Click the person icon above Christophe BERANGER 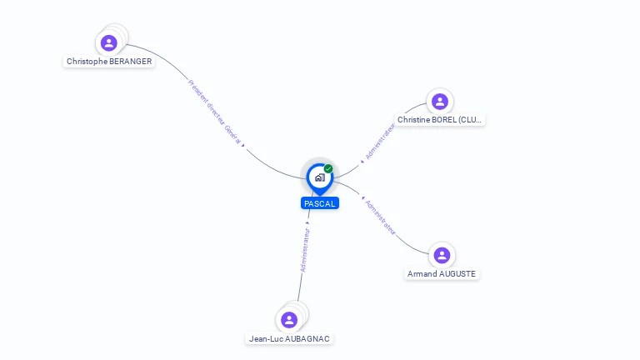coord(108,42)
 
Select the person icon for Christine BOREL coord(439,102)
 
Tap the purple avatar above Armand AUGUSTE coord(442,255)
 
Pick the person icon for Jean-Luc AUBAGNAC coord(289,320)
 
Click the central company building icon coord(319,177)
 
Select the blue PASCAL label coord(320,203)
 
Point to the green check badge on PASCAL coord(328,169)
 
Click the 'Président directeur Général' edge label coord(215,113)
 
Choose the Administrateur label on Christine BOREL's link coord(380,141)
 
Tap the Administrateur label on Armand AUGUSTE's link coord(380,217)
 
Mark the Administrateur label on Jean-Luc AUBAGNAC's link coord(306,249)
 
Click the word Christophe coord(87,62)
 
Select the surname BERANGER coord(131,62)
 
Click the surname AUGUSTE coord(458,273)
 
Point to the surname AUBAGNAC coord(309,338)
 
